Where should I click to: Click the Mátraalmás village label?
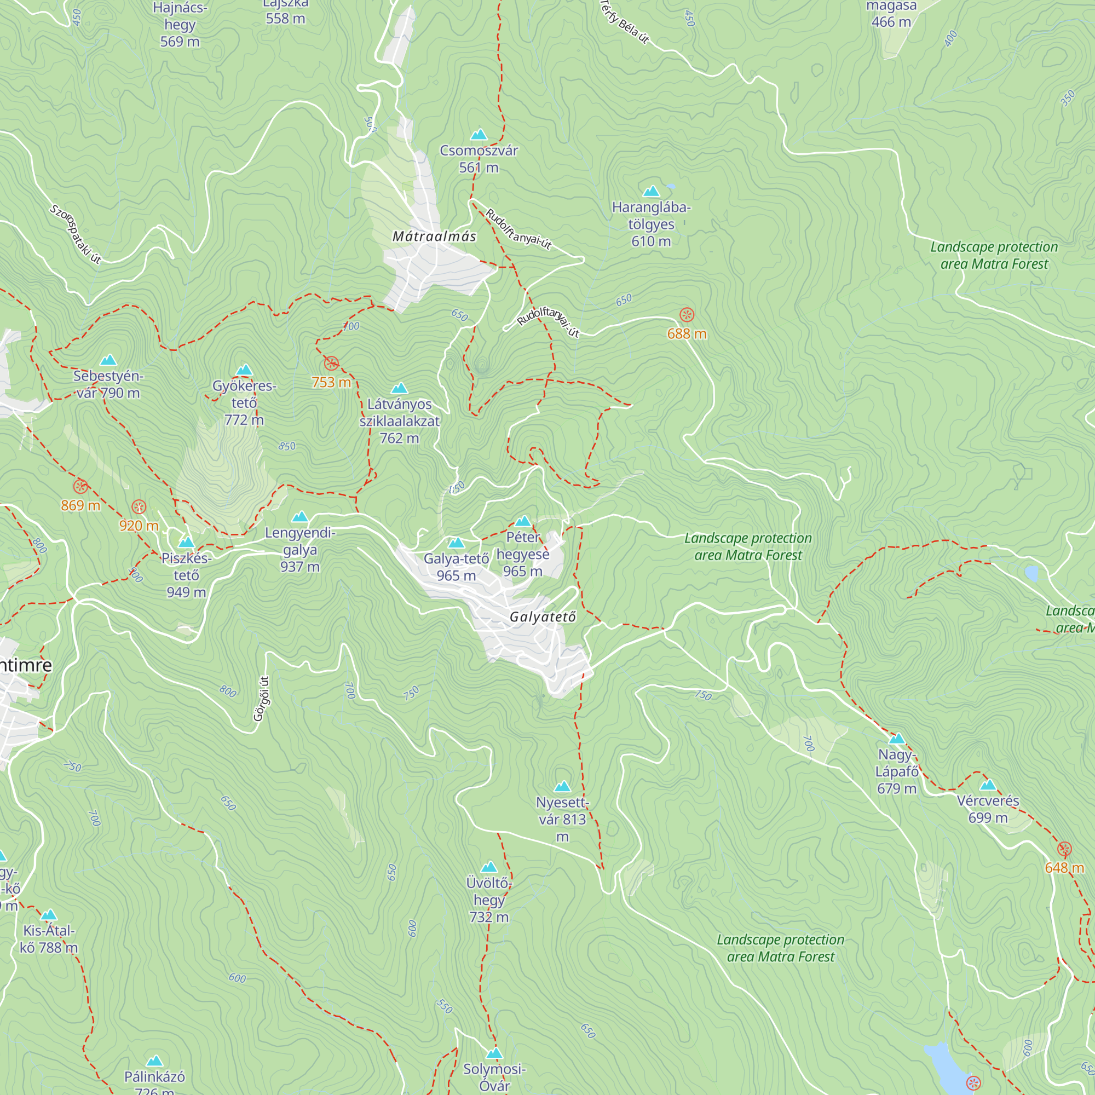tap(434, 237)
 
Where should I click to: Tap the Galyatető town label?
tap(543, 616)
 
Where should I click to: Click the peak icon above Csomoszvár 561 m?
tap(479, 134)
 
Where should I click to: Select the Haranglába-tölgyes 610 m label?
tap(651, 224)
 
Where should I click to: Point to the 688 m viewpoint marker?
tap(687, 315)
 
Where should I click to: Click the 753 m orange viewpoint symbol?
tap(332, 364)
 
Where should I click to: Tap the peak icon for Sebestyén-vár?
tap(108, 360)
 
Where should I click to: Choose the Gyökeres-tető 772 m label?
tap(244, 403)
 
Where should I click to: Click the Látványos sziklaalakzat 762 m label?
tap(400, 421)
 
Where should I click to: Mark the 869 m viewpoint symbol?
tap(80, 486)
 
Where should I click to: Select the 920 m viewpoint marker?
tap(139, 506)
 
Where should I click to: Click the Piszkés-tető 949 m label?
tap(186, 575)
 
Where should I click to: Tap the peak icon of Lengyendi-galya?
tap(300, 516)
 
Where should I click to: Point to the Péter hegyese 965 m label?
tap(522, 554)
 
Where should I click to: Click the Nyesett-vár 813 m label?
tap(562, 819)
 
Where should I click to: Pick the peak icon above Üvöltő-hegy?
tap(488, 867)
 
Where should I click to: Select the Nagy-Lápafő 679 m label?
tap(897, 771)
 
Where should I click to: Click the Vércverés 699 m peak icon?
tap(988, 785)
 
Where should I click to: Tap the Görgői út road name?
tap(261, 698)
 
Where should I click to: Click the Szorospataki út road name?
tap(76, 234)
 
